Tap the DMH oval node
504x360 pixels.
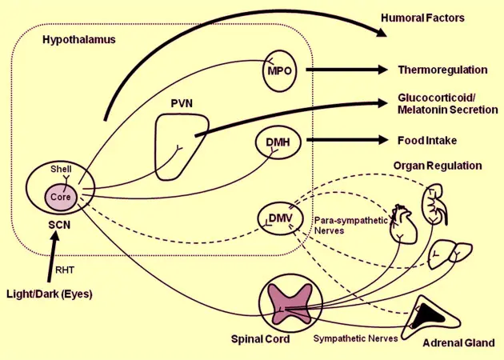(x=277, y=142)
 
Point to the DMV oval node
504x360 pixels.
(x=277, y=218)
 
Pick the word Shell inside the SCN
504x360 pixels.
(x=61, y=170)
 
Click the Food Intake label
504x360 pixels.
(x=427, y=140)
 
